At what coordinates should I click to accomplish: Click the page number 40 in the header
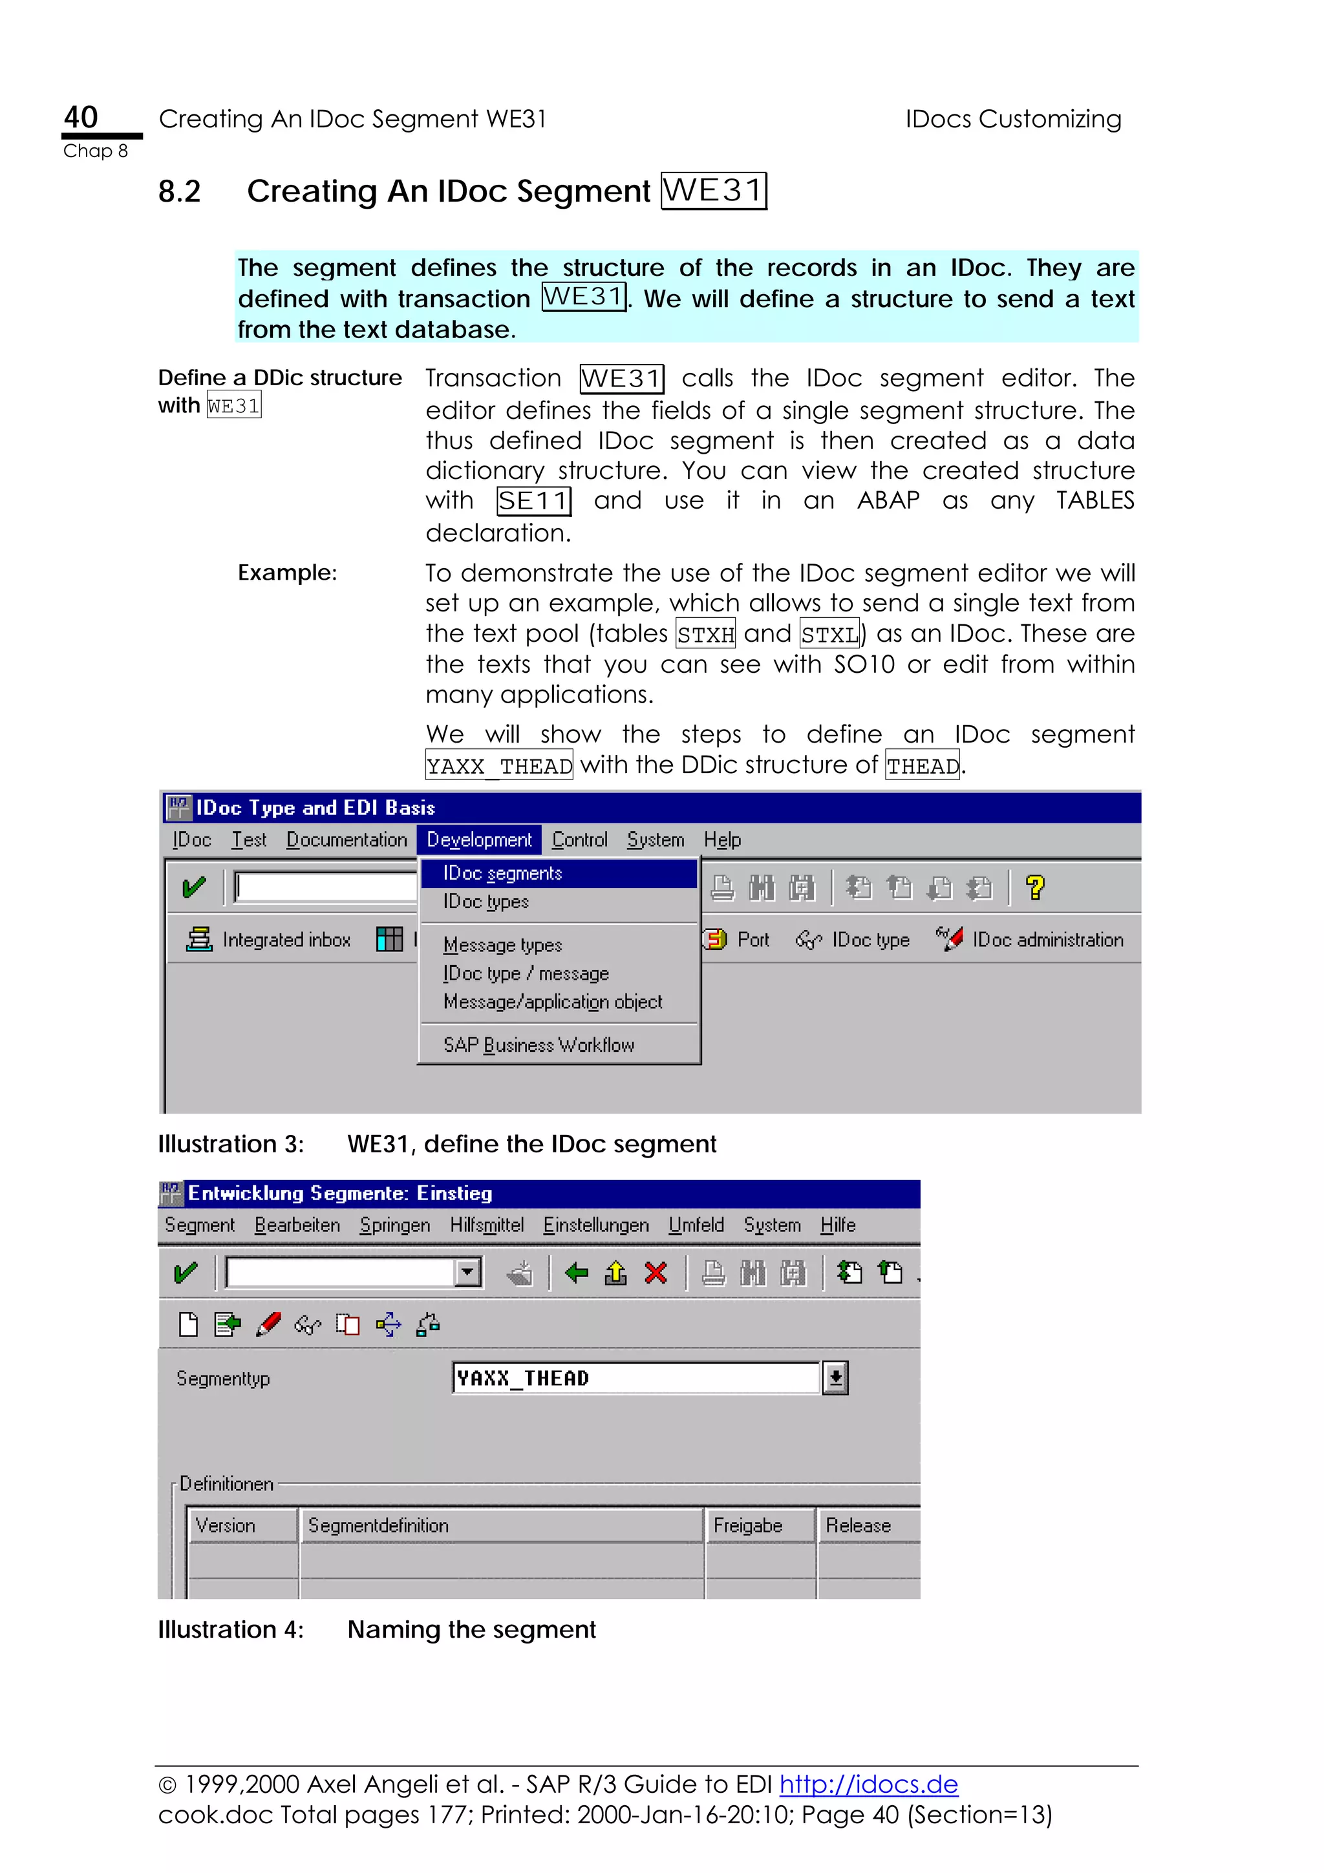pyautogui.click(x=81, y=118)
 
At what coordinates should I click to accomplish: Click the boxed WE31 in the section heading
pyautogui.click(x=713, y=191)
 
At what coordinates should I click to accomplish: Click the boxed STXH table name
pyautogui.click(x=706, y=634)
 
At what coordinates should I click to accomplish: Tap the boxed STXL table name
pyautogui.click(x=829, y=634)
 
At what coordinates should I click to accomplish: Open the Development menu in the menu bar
pyautogui.click(x=479, y=840)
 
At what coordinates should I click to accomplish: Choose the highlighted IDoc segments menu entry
pyautogui.click(x=502, y=873)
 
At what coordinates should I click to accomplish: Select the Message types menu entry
pyautogui.click(x=502, y=945)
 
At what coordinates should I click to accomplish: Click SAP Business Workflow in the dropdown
pyautogui.click(x=539, y=1045)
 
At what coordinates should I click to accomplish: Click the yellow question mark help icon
pyautogui.click(x=1035, y=887)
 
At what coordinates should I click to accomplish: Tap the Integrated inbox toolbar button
pyautogui.click(x=268, y=940)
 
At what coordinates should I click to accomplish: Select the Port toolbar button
pyautogui.click(x=736, y=940)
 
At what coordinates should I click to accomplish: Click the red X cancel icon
pyautogui.click(x=656, y=1273)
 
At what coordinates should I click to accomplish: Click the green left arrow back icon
pyautogui.click(x=577, y=1273)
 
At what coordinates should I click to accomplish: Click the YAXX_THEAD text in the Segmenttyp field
pyautogui.click(x=523, y=1378)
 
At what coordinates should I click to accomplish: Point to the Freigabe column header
pyautogui.click(x=748, y=1525)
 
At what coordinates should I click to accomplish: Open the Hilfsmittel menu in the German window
pyautogui.click(x=486, y=1225)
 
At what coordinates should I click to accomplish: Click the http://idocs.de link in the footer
pyautogui.click(x=868, y=1784)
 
